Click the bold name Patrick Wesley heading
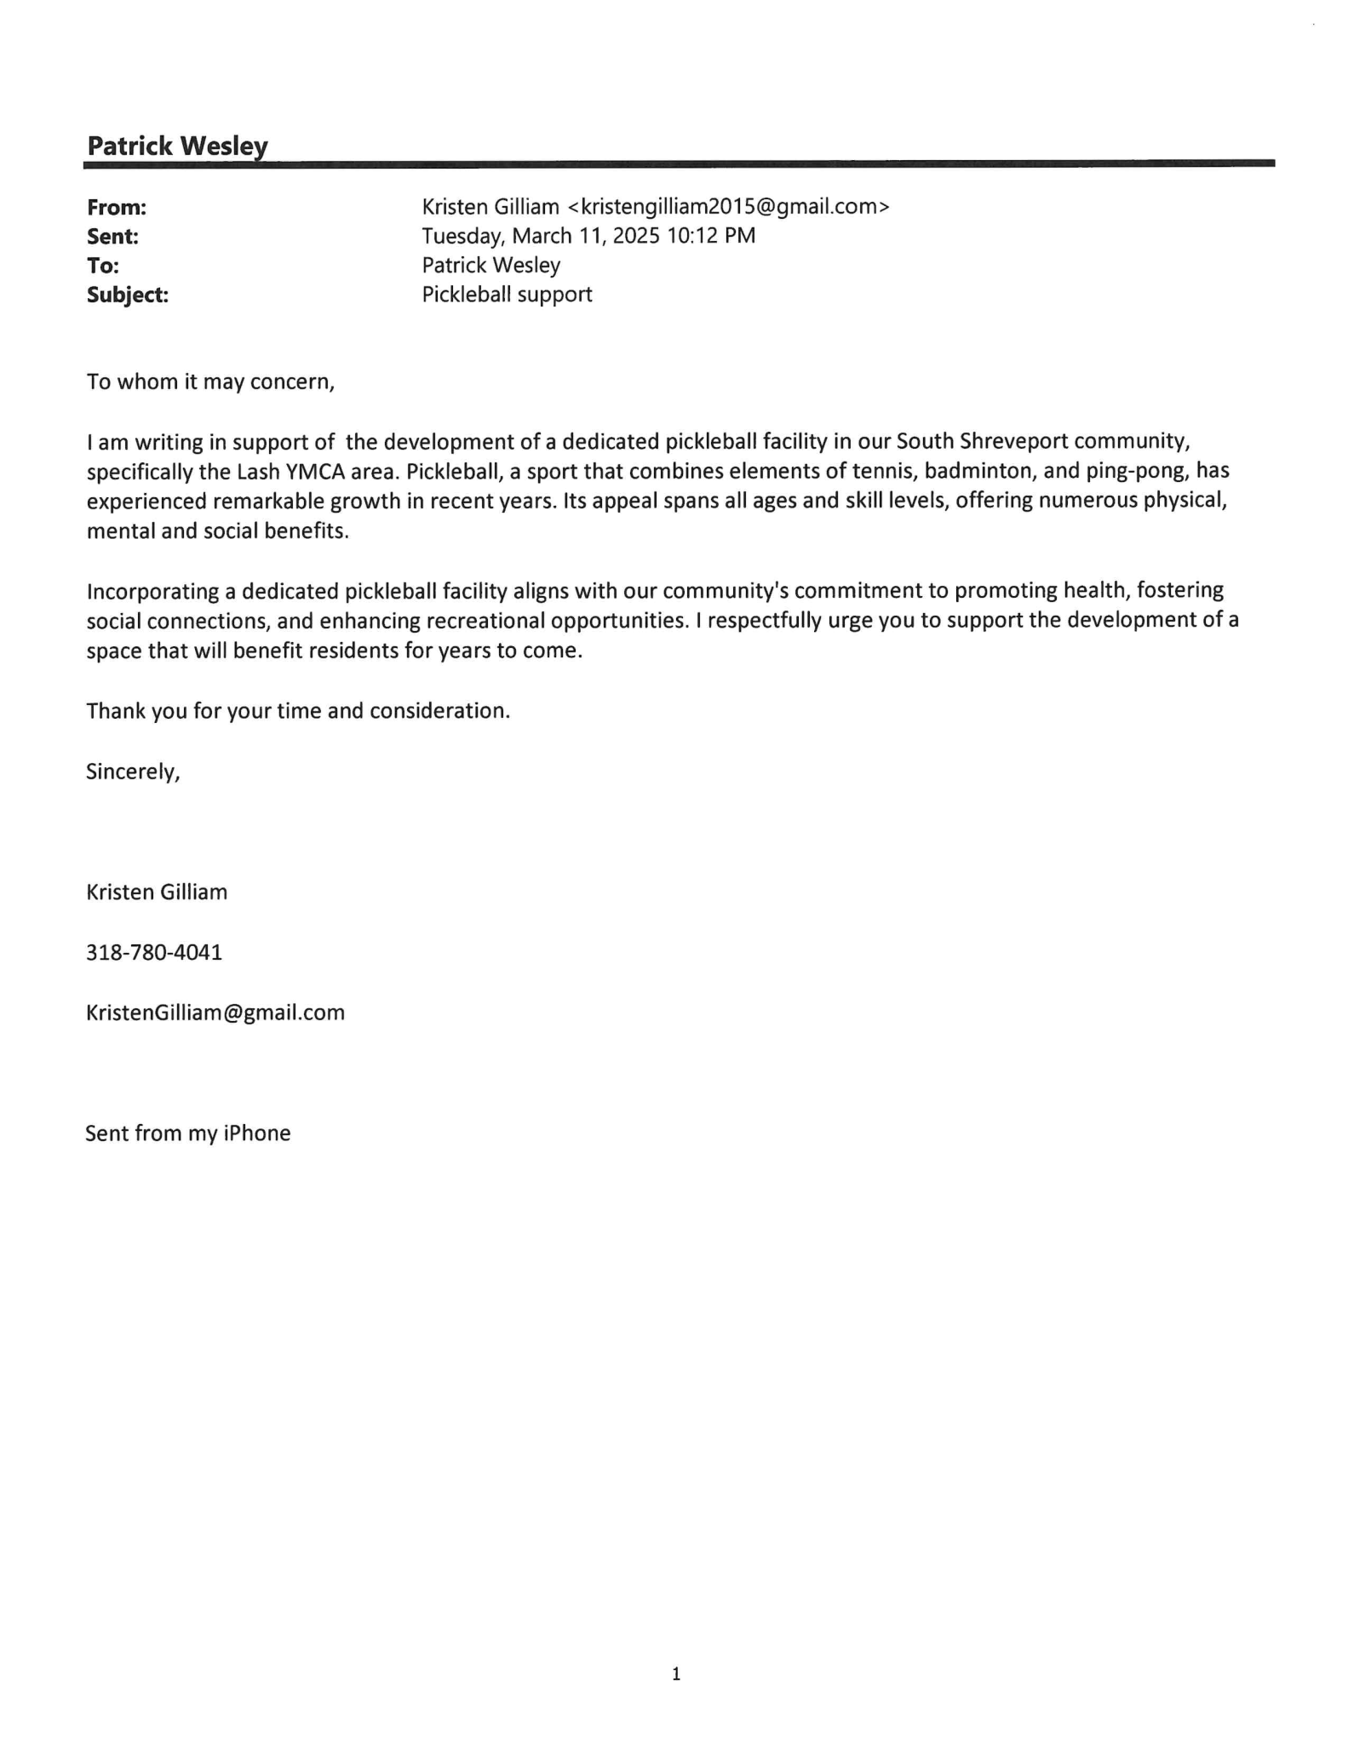[177, 146]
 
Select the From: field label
[117, 207]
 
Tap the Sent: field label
[112, 236]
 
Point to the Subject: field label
[128, 295]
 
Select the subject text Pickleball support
[507, 295]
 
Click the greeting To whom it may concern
[210, 381]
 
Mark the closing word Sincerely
[133, 772]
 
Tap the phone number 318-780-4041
[154, 952]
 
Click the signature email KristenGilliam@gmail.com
[215, 1013]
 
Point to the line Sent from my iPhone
[188, 1133]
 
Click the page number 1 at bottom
[676, 1674]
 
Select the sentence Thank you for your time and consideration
[298, 711]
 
